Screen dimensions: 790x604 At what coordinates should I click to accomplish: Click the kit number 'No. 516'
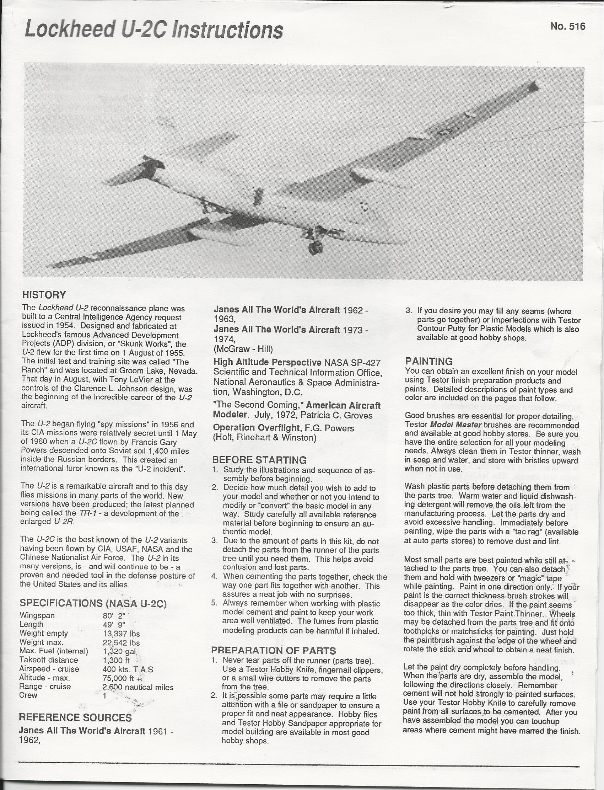pos(568,27)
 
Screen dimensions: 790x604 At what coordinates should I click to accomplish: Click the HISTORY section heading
pos(44,295)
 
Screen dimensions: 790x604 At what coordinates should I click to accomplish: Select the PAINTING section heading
pos(429,361)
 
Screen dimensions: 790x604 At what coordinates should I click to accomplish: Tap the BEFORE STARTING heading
pos(259,460)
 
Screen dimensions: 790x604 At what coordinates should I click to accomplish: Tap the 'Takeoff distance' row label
pos(49,660)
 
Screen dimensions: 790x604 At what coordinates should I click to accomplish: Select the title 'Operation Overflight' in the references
pos(256,428)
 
